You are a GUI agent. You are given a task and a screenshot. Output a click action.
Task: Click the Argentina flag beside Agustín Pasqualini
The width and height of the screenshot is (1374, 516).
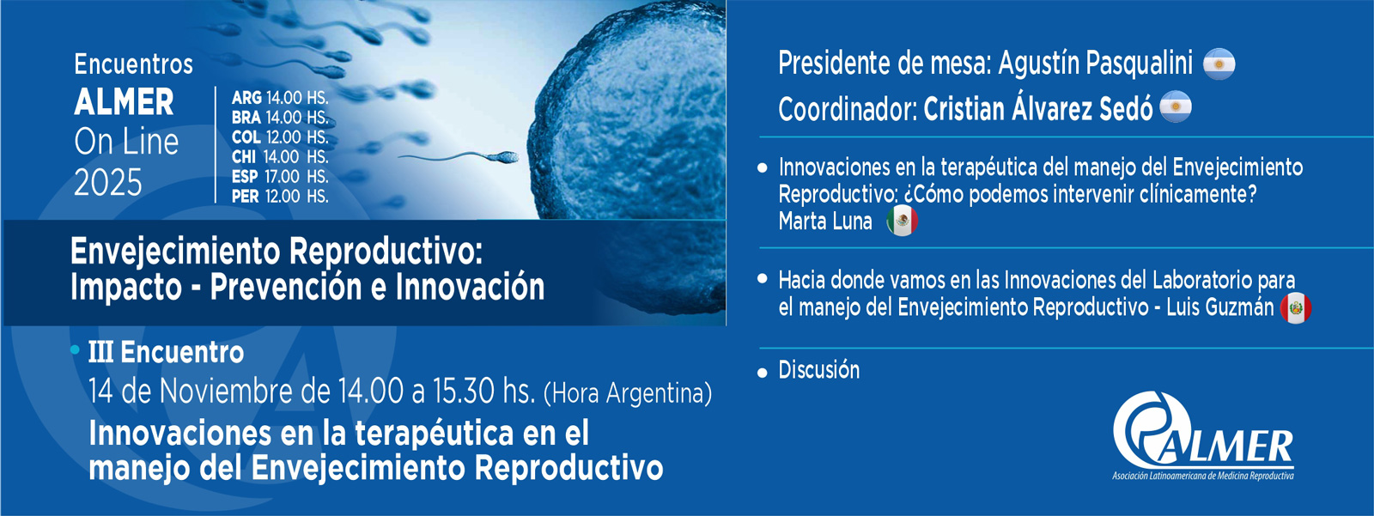pyautogui.click(x=1219, y=64)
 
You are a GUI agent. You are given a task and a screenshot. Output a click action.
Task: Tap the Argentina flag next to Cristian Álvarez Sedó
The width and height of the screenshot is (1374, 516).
pyautogui.click(x=1176, y=106)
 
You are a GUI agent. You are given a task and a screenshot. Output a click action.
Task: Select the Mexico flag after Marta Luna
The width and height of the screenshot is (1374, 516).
pyautogui.click(x=902, y=221)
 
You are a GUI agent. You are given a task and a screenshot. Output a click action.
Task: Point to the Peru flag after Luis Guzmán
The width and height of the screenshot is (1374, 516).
pyautogui.click(x=1296, y=308)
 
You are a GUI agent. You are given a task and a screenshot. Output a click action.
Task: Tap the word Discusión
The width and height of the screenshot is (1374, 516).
pyautogui.click(x=819, y=370)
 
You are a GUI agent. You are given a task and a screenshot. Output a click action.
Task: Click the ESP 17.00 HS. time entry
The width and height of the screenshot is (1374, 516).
pyautogui.click(x=280, y=177)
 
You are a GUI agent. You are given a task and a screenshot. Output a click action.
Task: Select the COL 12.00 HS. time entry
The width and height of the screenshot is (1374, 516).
pyautogui.click(x=280, y=137)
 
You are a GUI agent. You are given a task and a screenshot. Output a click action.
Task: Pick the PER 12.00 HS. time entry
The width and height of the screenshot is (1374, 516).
pyautogui.click(x=280, y=197)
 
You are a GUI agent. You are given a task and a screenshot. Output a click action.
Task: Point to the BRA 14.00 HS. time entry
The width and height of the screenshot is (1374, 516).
pyautogui.click(x=280, y=117)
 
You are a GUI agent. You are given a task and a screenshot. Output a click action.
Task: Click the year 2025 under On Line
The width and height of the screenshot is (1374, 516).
pyautogui.click(x=108, y=183)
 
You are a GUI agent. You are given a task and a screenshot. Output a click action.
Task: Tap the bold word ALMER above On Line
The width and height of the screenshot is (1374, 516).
pyautogui.click(x=124, y=102)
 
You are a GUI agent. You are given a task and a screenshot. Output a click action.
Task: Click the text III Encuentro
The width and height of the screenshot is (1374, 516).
pyautogui.click(x=167, y=352)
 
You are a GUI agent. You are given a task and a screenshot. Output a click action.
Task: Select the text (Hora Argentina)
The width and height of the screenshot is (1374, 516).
pyautogui.click(x=628, y=393)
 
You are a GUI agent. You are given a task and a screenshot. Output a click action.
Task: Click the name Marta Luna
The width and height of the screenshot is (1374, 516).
pyautogui.click(x=825, y=221)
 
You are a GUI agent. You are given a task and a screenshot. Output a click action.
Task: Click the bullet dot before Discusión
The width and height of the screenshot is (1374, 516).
pyautogui.click(x=763, y=373)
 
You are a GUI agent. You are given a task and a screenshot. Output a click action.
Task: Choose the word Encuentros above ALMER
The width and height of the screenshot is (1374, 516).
pyautogui.click(x=133, y=64)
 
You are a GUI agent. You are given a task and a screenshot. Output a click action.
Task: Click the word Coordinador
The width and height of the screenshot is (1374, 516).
pyautogui.click(x=848, y=109)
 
